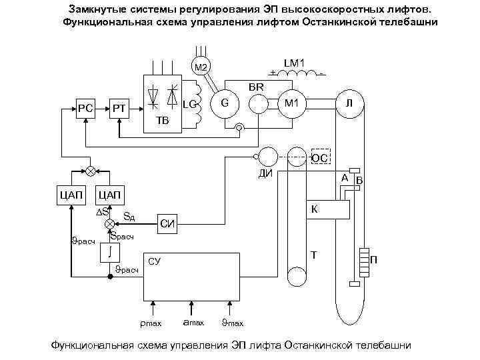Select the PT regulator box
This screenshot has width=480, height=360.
coord(119,107)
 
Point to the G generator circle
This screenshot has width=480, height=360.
coord(225,103)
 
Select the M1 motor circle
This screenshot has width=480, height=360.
coord(291,103)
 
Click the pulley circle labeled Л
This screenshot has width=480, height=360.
coord(349,103)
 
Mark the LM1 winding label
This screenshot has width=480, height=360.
coord(295,63)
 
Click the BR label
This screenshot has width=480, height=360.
coord(257,87)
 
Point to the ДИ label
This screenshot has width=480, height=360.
coord(265,175)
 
